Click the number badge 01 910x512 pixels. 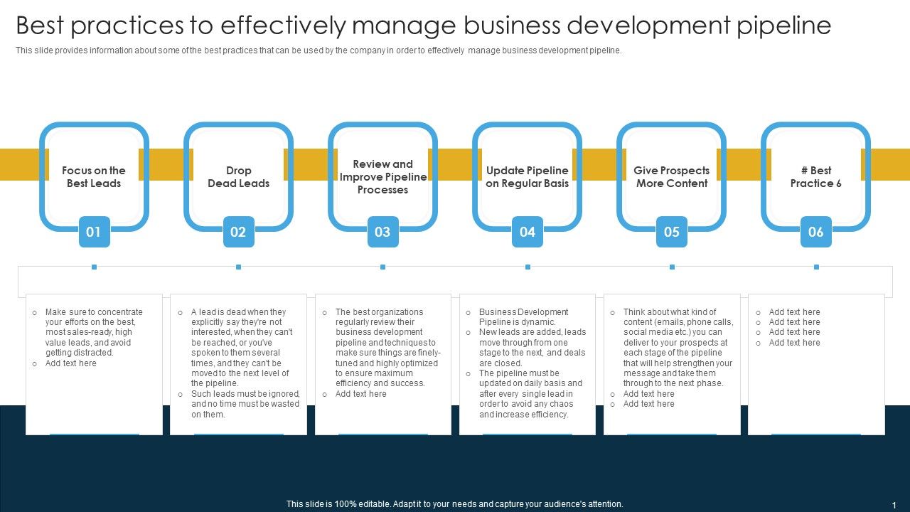95,232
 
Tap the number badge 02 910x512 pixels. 238,232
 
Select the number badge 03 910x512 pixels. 382,232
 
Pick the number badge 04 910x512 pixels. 528,232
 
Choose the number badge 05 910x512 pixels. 672,232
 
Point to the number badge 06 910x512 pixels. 815,232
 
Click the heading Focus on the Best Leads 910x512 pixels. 94,177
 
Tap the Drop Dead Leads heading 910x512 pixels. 238,177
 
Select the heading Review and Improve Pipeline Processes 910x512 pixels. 383,177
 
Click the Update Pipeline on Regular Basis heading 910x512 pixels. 528,177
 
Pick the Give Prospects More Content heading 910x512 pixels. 672,177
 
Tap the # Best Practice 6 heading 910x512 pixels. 815,177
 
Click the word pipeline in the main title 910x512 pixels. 784,26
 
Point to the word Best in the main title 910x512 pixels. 40,25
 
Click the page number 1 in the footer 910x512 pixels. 894,505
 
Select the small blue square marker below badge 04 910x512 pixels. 528,267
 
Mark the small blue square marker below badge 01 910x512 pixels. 95,267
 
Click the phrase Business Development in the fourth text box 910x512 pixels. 524,311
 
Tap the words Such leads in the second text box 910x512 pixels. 211,394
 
